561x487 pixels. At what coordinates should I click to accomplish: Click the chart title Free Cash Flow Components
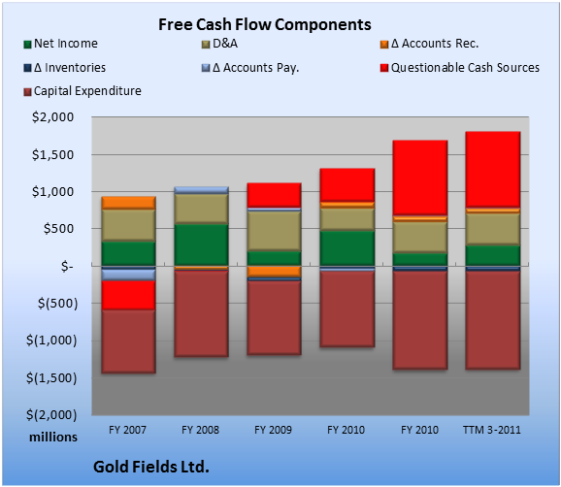point(265,24)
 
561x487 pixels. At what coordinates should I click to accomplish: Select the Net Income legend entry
point(61,44)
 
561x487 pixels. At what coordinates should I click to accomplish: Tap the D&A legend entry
point(219,44)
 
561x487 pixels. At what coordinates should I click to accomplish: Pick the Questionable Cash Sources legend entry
point(460,68)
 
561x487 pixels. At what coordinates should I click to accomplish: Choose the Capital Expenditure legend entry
point(82,91)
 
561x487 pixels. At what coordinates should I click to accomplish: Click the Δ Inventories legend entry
point(65,68)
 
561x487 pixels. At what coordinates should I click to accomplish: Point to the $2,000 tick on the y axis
point(53,117)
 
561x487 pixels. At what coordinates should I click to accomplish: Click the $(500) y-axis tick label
point(57,304)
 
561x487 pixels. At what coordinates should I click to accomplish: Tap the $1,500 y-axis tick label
point(53,155)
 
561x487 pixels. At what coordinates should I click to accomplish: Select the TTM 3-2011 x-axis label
point(492,430)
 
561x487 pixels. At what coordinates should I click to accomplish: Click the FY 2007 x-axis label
point(128,430)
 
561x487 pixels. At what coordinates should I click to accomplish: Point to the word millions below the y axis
point(53,437)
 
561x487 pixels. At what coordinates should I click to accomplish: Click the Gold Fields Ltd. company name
point(151,467)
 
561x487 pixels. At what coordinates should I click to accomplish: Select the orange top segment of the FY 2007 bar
point(128,203)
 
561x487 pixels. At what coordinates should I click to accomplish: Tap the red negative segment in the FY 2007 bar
point(128,295)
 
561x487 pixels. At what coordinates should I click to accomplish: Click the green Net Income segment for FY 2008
point(202,244)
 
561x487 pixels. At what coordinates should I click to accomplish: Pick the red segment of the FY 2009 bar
point(274,195)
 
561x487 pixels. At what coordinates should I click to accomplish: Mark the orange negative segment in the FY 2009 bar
point(274,272)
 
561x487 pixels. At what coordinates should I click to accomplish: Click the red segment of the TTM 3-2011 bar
point(493,170)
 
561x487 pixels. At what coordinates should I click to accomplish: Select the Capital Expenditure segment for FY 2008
point(202,313)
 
